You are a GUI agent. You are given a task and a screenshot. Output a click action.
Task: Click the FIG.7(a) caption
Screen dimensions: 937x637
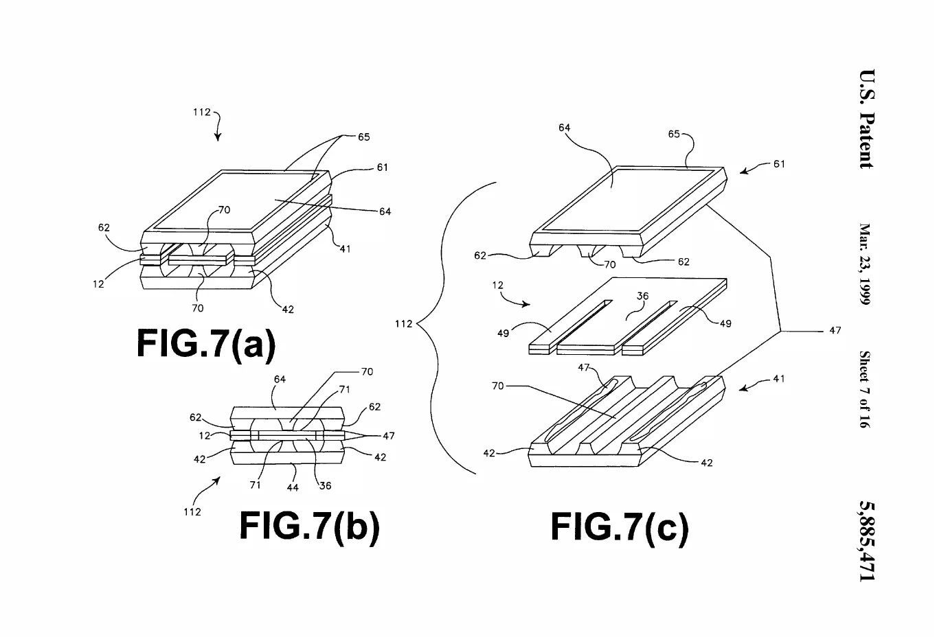click(206, 345)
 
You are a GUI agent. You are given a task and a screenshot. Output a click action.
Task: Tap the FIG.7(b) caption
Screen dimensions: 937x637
click(310, 526)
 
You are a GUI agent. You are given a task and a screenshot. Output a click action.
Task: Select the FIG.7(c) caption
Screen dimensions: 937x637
click(620, 528)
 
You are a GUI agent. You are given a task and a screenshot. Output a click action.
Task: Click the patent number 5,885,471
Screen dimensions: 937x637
click(866, 541)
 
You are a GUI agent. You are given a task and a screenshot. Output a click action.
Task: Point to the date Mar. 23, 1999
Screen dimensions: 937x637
click(865, 264)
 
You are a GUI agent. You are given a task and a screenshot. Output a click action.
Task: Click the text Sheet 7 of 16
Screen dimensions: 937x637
click(865, 389)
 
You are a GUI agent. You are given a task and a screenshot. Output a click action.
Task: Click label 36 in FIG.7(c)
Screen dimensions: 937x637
click(642, 296)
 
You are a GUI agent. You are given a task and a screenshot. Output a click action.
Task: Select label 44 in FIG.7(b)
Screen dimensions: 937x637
click(293, 487)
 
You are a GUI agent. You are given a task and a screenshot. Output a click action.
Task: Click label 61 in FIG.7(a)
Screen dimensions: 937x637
click(383, 167)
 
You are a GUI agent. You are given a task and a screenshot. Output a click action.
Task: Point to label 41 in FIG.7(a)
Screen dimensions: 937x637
click(345, 249)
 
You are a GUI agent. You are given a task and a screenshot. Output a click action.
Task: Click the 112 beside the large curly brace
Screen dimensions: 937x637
click(404, 323)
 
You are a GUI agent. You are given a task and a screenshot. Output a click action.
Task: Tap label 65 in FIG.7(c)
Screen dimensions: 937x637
click(673, 134)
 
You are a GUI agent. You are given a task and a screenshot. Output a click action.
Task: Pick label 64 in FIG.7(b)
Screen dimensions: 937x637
click(280, 379)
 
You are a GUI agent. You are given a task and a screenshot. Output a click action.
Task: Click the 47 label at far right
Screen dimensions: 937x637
click(835, 330)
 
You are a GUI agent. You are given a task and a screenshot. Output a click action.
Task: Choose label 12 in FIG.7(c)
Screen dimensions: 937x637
click(497, 285)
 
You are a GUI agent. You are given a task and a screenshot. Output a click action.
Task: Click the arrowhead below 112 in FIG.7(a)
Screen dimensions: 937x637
click(218, 137)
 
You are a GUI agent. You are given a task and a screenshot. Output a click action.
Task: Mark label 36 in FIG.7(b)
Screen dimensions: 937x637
click(325, 486)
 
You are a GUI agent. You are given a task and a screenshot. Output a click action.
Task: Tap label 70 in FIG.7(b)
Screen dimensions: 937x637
click(367, 371)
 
